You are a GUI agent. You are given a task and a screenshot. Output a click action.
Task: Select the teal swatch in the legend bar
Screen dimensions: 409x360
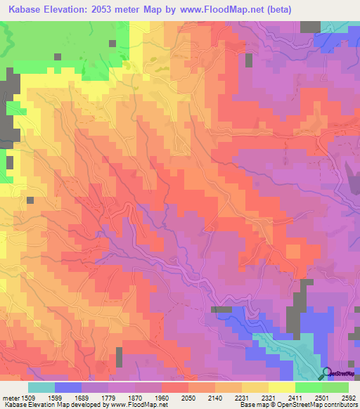pyautogui.click(x=41, y=387)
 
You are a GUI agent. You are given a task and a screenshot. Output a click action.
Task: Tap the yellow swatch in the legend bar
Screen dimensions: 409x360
pyautogui.click(x=281, y=387)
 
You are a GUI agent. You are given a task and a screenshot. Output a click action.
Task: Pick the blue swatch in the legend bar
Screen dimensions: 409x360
pyautogui.click(x=67, y=387)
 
